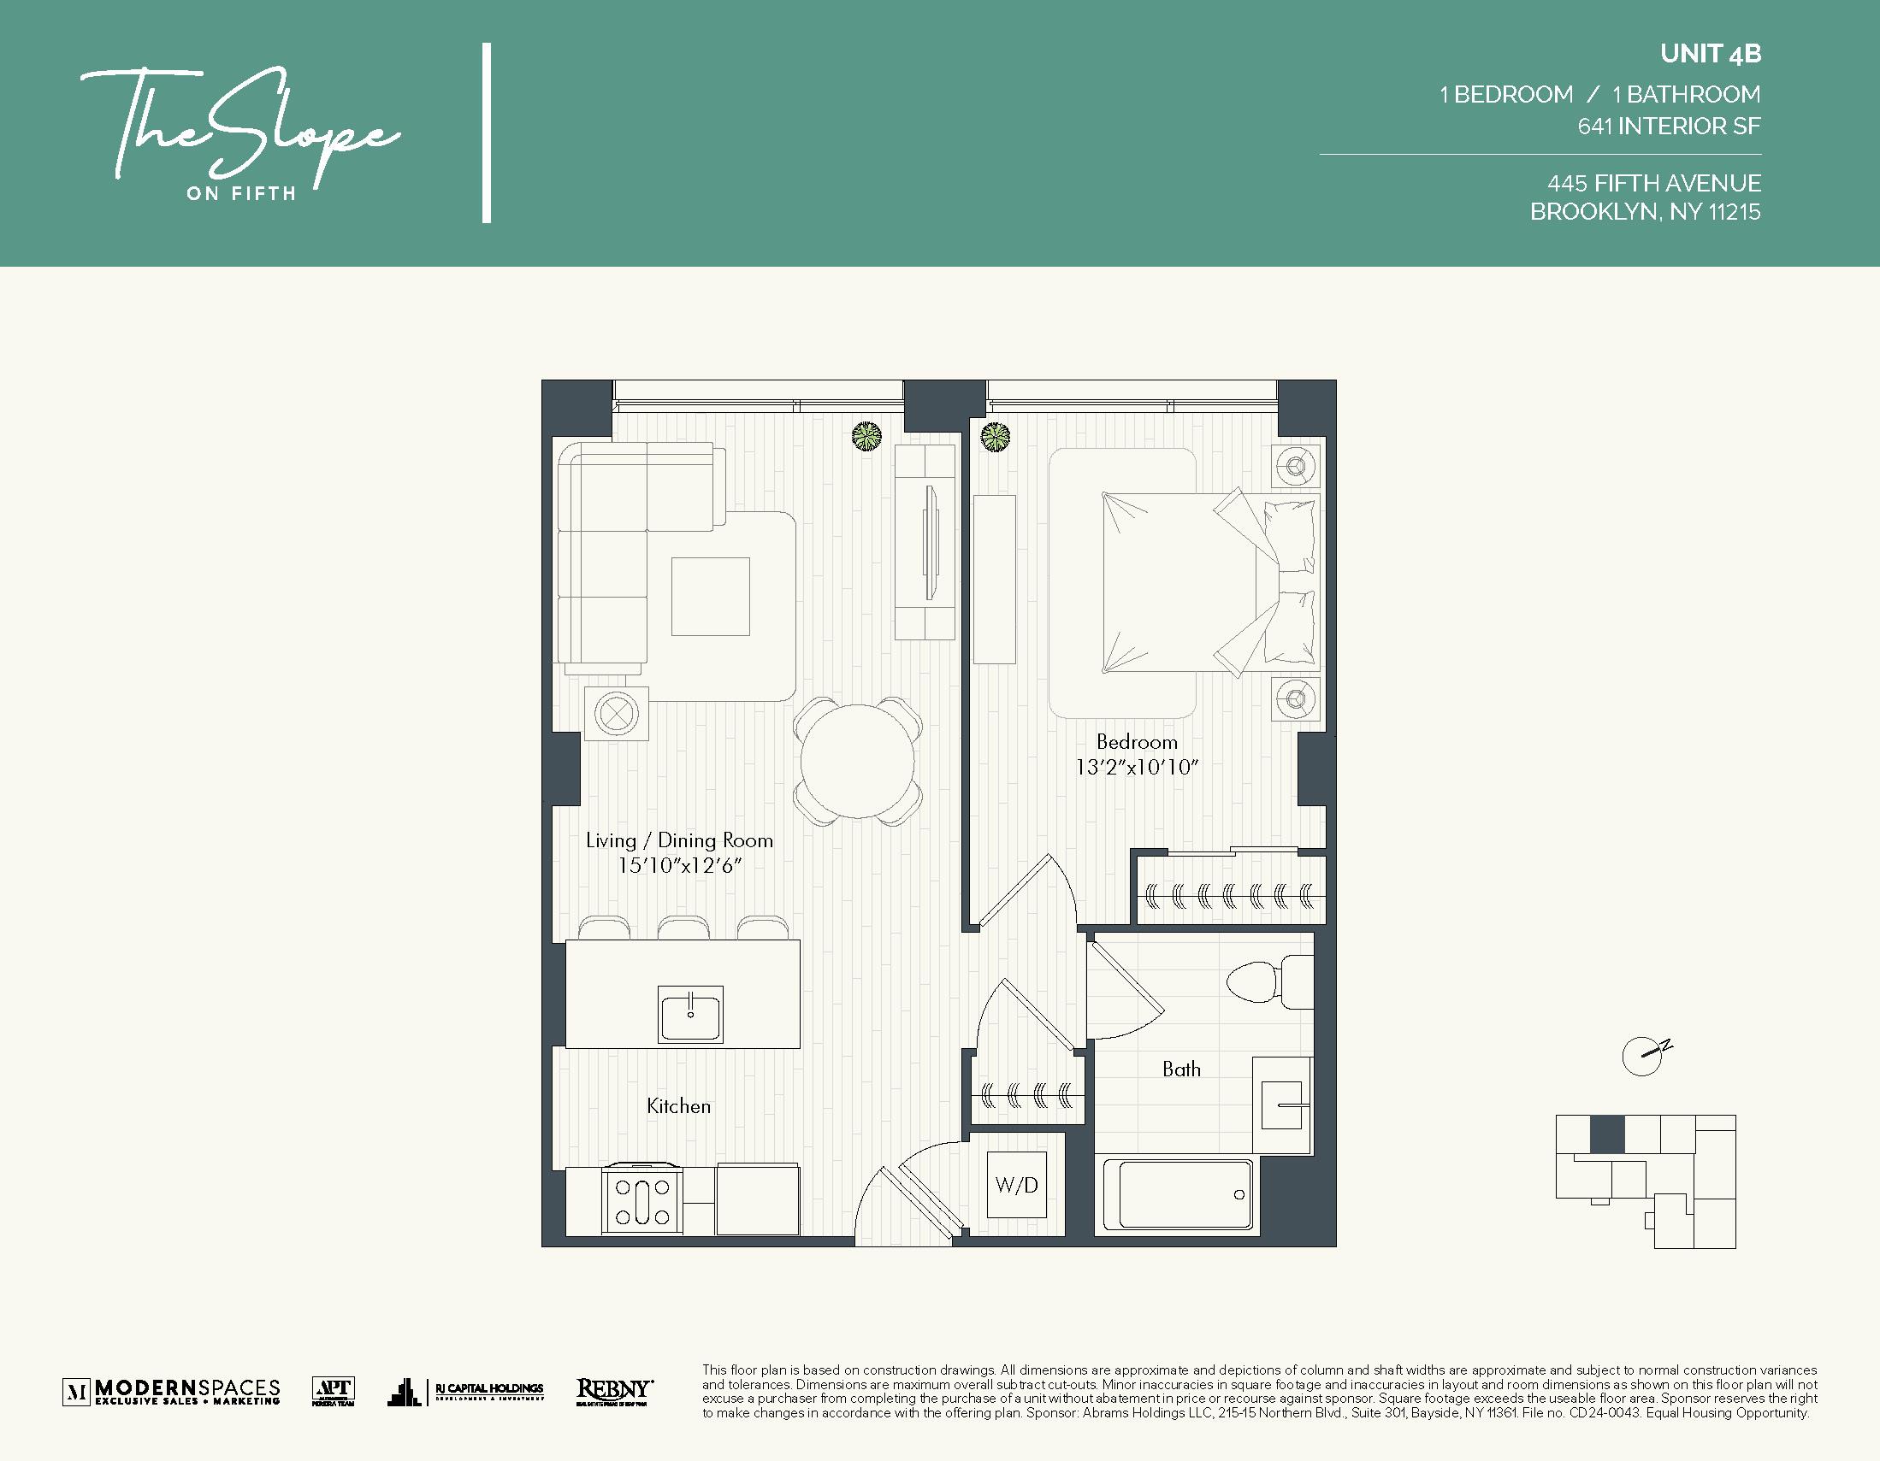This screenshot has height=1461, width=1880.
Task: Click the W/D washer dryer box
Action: (1017, 1185)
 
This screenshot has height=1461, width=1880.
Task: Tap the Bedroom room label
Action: (1136, 742)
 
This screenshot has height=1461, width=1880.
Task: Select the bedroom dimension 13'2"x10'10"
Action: (1136, 768)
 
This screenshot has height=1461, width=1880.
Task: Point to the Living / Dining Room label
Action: (679, 840)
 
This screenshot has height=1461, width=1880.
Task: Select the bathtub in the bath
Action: (1185, 1194)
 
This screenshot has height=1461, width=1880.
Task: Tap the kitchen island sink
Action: (690, 1014)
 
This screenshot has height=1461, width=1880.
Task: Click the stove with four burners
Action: (642, 1201)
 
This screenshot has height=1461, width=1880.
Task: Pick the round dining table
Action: (857, 762)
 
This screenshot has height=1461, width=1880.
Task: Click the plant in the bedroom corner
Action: (996, 437)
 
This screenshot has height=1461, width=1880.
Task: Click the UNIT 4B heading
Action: (1711, 54)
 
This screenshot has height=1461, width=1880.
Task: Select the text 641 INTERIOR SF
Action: (1668, 127)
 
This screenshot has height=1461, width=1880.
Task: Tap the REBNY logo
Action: (614, 1390)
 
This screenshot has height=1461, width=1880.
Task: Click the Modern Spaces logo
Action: (171, 1391)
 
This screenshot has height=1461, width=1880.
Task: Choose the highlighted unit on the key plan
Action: (1606, 1134)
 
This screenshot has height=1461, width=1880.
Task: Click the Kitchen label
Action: (678, 1106)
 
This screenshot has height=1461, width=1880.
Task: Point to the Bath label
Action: (1181, 1069)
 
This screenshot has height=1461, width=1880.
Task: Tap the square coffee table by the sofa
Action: (710, 596)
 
